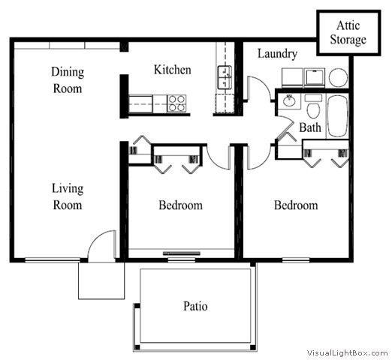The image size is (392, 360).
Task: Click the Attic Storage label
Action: [348, 34]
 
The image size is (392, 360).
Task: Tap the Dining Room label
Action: [68, 80]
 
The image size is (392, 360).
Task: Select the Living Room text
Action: [68, 196]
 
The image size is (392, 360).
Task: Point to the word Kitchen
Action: [172, 70]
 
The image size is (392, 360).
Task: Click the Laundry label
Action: [277, 54]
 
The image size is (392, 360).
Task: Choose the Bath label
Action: [310, 127]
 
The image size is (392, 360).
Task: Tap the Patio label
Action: [195, 306]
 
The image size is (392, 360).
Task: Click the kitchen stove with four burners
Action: [176, 103]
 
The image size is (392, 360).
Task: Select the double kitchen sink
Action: [225, 76]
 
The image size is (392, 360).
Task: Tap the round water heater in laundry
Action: [338, 78]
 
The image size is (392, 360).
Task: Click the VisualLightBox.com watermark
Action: [347, 352]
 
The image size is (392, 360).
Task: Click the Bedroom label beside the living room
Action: [180, 205]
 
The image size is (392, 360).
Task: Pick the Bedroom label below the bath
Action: [295, 205]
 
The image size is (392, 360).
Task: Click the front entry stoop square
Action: [100, 280]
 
